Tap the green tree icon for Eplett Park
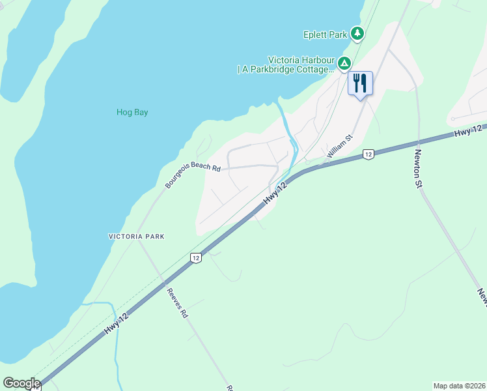(357, 33)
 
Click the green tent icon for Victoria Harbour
(344, 63)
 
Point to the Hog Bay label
(132, 112)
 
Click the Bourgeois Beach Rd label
(193, 171)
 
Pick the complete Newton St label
(418, 168)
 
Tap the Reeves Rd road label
(176, 303)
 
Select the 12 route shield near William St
(368, 154)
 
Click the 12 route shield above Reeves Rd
(195, 258)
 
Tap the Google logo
(21, 383)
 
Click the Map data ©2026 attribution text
(459, 386)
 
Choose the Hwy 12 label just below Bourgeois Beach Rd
(275, 195)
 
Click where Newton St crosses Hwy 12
(418, 140)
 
